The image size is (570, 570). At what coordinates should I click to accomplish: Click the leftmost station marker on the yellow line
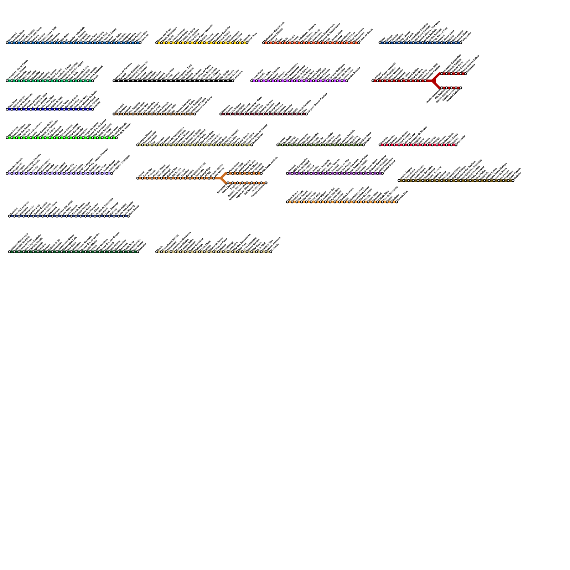157,43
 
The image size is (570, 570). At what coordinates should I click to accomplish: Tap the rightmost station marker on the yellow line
247,43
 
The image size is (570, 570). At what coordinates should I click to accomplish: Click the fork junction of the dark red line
433,81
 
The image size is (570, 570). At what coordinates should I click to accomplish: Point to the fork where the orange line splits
221,178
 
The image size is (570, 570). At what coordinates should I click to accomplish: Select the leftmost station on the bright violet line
252,81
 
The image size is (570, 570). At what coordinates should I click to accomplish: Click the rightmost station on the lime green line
116,138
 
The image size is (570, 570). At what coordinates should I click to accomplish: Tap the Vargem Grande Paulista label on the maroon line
317,103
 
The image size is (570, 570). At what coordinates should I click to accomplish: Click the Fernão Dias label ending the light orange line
403,196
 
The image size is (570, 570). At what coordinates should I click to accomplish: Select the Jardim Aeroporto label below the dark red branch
433,97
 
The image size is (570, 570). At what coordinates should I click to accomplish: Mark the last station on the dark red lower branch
461,88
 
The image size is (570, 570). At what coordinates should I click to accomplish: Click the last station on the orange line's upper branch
261,173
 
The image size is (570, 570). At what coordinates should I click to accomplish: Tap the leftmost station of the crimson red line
380,145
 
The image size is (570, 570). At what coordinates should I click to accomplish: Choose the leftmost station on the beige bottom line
157,252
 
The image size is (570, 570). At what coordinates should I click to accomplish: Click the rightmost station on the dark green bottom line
138,252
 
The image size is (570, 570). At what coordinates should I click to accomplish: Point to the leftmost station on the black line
114,81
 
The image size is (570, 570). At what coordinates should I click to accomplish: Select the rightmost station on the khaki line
252,145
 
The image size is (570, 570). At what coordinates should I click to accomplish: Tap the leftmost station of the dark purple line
287,173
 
